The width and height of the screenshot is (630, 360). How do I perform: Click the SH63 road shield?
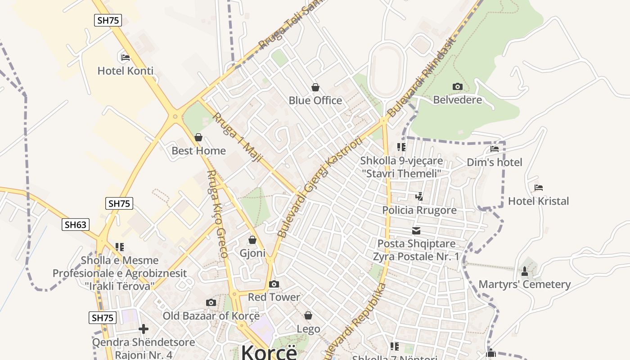[x=76, y=225]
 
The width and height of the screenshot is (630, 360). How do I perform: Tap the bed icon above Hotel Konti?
[x=126, y=58]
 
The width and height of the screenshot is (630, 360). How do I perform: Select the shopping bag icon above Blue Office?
[x=315, y=87]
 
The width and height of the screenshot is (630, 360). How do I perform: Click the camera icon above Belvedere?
[x=457, y=86]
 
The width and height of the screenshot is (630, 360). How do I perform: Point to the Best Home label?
[x=198, y=151]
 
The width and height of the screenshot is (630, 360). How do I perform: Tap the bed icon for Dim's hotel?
[x=495, y=149]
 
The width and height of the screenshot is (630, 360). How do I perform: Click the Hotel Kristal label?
[x=538, y=201]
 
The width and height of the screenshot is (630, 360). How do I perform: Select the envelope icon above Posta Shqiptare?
[x=416, y=231]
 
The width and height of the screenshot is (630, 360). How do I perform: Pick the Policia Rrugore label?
[x=419, y=210]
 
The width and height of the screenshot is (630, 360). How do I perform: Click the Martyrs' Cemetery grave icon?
[x=524, y=271]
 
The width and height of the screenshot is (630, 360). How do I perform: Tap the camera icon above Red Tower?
[x=274, y=284]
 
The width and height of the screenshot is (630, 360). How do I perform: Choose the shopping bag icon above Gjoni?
[x=252, y=240]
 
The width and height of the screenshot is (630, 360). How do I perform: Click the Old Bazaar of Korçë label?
[x=211, y=316]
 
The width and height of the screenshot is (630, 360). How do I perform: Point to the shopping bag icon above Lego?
[x=308, y=316]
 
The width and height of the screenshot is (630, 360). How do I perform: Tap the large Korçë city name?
[x=269, y=352]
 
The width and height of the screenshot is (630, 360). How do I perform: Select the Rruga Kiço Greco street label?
[x=217, y=214]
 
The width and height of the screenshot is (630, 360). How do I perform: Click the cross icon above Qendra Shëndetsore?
[x=144, y=329]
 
